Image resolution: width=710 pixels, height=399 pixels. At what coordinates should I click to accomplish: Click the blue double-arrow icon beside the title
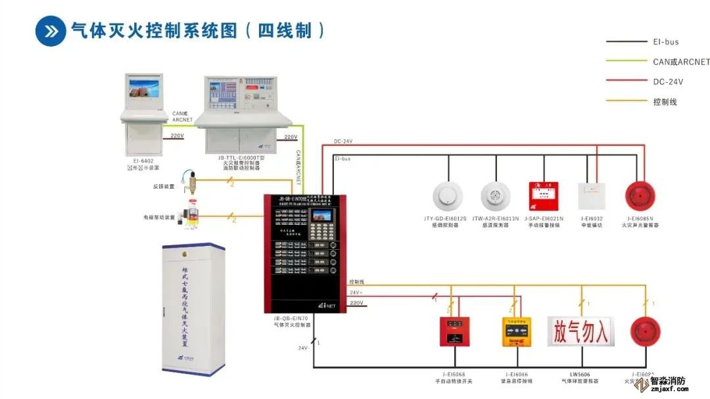click(51, 30)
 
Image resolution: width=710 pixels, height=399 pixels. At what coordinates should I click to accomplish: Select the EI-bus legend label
click(666, 42)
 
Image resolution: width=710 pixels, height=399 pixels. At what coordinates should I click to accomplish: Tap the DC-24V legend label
click(668, 82)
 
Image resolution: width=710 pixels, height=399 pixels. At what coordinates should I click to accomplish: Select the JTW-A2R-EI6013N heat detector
click(495, 195)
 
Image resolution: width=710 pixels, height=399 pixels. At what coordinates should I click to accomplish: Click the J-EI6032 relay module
click(591, 195)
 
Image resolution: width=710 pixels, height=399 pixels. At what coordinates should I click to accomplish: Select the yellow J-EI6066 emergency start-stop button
click(517, 331)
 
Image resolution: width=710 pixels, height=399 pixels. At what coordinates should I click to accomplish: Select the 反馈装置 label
click(164, 187)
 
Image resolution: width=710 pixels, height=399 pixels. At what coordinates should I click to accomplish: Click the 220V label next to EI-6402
click(177, 136)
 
